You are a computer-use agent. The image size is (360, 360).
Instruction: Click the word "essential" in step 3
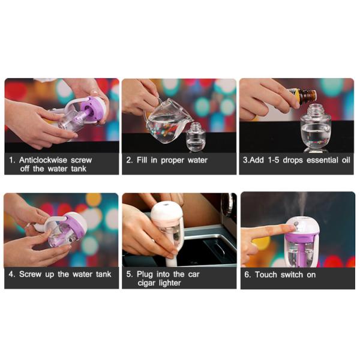pyautogui.click(x=322, y=160)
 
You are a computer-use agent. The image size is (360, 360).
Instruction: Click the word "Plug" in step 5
pyautogui.click(x=145, y=274)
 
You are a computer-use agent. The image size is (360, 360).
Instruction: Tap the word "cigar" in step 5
pyautogui.click(x=146, y=283)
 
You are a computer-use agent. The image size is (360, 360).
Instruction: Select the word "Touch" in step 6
pyautogui.click(x=266, y=275)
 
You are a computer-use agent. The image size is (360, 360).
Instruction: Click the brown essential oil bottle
pyautogui.click(x=303, y=94)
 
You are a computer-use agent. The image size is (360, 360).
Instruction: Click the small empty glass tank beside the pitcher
pyautogui.click(x=196, y=137)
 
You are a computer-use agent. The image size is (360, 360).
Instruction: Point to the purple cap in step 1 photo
pyautogui.click(x=92, y=108)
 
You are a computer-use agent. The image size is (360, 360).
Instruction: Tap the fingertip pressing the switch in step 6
pyautogui.click(x=291, y=228)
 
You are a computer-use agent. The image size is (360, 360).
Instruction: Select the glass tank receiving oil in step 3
pyautogui.click(x=316, y=128)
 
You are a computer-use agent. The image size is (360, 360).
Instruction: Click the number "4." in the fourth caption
pyautogui.click(x=12, y=274)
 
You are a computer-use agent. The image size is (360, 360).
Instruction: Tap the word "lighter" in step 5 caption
pyautogui.click(x=170, y=283)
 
